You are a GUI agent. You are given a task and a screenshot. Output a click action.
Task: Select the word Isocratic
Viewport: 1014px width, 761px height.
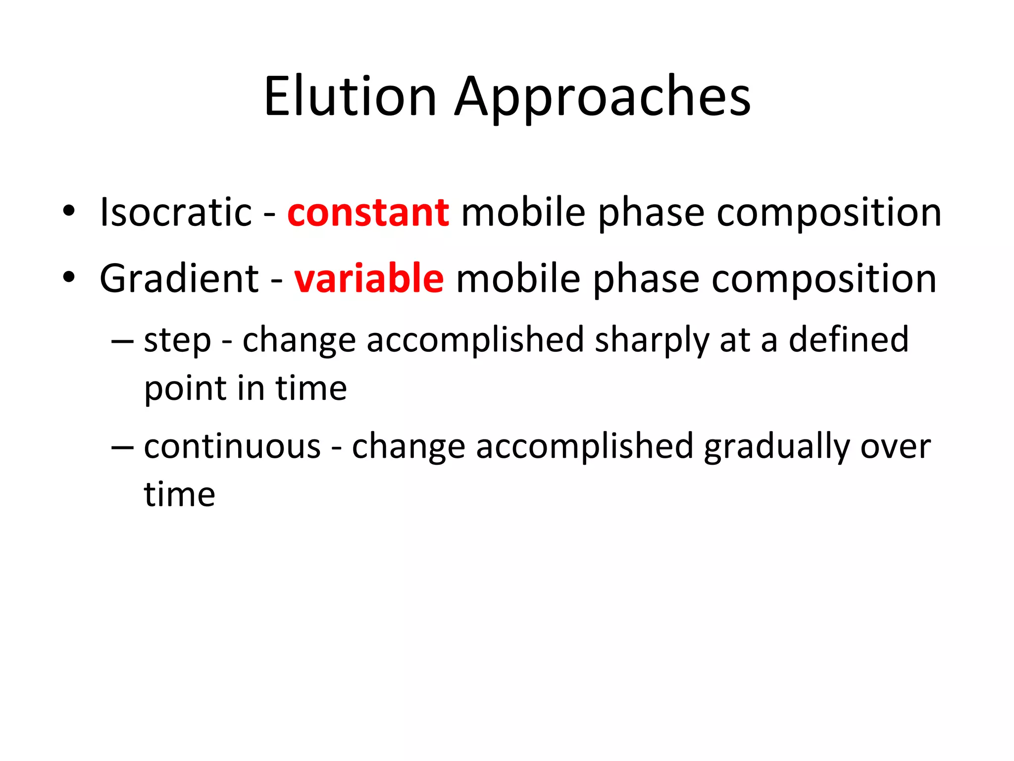click(176, 212)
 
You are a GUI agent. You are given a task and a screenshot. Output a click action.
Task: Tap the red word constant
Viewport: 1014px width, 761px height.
click(368, 212)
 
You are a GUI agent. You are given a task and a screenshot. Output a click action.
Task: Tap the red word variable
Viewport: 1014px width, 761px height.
click(369, 278)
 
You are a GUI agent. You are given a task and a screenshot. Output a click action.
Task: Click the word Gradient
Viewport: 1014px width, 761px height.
click(179, 278)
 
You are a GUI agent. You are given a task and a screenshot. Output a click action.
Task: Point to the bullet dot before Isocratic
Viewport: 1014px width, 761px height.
click(69, 212)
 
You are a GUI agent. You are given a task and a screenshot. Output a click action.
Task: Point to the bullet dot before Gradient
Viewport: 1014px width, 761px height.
click(69, 277)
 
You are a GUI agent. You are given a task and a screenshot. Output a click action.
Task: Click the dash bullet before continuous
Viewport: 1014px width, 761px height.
click(122, 447)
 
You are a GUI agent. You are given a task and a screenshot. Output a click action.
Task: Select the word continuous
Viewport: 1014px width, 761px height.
click(232, 446)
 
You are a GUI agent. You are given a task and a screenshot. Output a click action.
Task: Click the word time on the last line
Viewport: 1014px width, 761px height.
click(179, 494)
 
